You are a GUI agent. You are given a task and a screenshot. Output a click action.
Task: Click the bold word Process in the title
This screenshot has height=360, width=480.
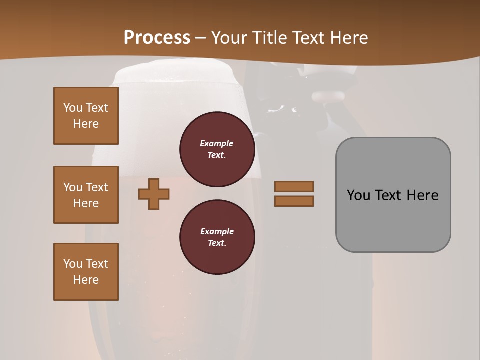tap(157, 38)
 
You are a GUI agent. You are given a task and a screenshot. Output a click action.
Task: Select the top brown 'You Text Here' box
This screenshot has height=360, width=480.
tap(86, 116)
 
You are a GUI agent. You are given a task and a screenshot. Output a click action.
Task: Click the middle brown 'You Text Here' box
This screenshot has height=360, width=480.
tap(86, 195)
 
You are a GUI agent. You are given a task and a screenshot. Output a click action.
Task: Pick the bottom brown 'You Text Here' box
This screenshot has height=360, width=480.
tap(86, 272)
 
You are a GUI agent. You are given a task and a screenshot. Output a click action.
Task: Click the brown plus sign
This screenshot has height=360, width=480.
tap(154, 194)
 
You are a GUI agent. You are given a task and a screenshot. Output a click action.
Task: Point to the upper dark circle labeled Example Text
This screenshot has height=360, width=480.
tap(217, 149)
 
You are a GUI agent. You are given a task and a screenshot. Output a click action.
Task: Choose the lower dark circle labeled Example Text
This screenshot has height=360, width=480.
tap(217, 237)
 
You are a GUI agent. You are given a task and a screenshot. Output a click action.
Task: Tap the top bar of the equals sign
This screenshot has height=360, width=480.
tap(294, 186)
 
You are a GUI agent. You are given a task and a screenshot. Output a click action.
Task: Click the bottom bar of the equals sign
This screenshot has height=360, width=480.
tap(294, 201)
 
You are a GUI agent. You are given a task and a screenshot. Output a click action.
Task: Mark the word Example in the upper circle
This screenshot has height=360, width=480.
tap(217, 143)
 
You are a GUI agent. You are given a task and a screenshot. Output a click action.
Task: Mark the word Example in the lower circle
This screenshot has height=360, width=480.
tap(217, 231)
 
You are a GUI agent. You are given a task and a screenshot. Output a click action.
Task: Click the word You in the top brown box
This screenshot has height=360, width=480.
tap(72, 108)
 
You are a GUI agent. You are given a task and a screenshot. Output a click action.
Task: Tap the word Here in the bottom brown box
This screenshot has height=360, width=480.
tap(86, 280)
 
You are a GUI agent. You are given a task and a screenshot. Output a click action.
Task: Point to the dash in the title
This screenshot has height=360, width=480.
tap(201, 38)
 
